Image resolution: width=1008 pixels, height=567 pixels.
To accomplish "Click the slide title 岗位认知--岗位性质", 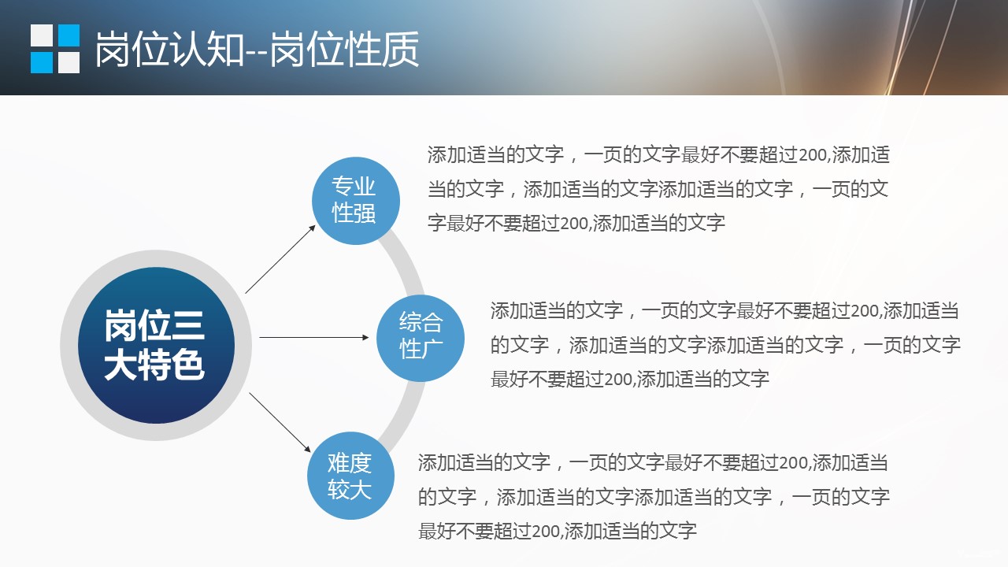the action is [x=257, y=50].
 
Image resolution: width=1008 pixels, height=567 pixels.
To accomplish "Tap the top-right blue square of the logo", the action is [x=69, y=35].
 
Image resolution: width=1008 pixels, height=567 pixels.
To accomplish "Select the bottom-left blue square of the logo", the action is [x=42, y=62].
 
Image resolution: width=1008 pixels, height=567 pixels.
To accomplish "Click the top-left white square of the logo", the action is [x=42, y=35].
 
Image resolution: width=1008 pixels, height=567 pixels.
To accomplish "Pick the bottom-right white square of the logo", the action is [x=69, y=62].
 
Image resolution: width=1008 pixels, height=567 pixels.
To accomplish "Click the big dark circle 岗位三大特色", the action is [x=156, y=345].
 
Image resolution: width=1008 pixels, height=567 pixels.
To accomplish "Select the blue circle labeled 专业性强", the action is [x=355, y=201].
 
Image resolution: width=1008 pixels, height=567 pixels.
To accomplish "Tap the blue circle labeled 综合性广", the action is [x=421, y=338].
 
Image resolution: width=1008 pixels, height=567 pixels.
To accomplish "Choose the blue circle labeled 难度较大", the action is [x=351, y=476].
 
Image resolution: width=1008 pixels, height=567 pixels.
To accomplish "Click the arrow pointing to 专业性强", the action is [x=280, y=259].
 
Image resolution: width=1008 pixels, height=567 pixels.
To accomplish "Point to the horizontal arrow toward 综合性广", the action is [x=314, y=337].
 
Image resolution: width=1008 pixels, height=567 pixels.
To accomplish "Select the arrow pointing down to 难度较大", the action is [x=280, y=422].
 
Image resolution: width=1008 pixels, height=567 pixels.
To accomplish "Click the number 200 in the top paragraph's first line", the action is [x=813, y=155].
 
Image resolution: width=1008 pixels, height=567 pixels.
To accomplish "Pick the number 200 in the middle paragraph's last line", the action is [x=618, y=380].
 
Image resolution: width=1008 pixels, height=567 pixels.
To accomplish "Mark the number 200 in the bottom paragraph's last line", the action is [x=546, y=532].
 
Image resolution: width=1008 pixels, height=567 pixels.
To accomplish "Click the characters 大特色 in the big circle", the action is [x=154, y=365].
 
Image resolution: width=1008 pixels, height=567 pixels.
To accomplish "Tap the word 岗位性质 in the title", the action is [x=345, y=50].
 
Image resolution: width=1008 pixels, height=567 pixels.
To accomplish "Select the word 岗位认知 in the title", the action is [x=169, y=50].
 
